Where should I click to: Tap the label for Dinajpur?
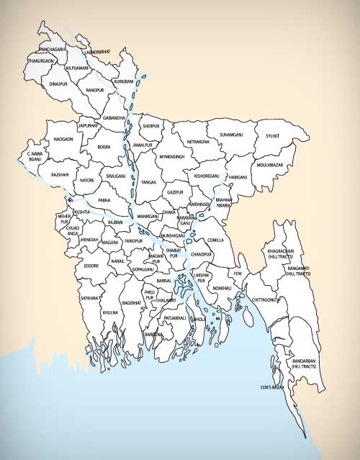[58, 84]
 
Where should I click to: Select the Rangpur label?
[96, 91]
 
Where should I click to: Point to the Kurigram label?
[125, 82]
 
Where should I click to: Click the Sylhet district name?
[271, 135]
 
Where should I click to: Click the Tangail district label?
[150, 183]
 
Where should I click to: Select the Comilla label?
[215, 240]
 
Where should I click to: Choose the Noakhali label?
[222, 288]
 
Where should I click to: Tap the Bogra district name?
[104, 147]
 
